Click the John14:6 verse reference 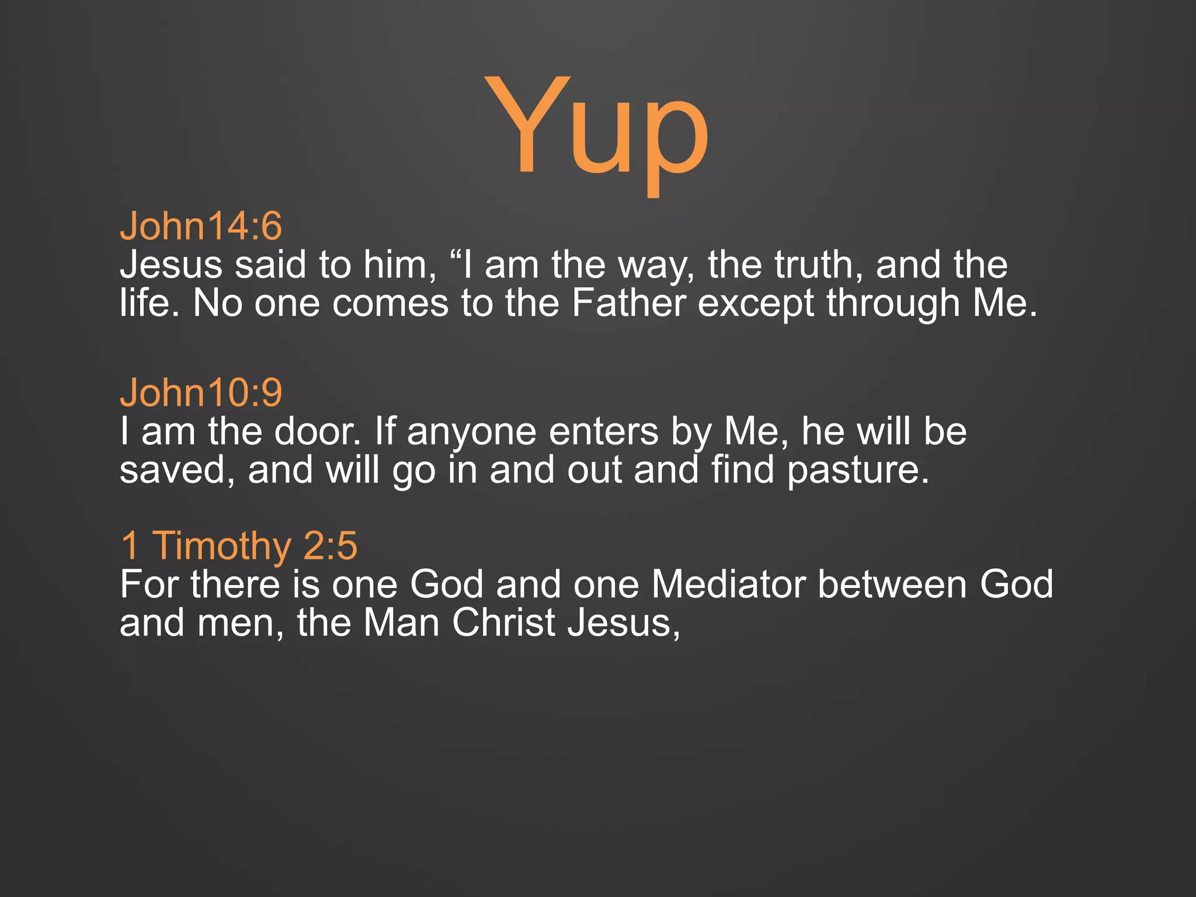tap(201, 226)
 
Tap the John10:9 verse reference tap(201, 392)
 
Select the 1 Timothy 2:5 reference tap(239, 545)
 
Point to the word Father tap(628, 303)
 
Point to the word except tap(756, 304)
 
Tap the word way tap(656, 266)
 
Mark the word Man tap(401, 623)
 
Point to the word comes tap(390, 304)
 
